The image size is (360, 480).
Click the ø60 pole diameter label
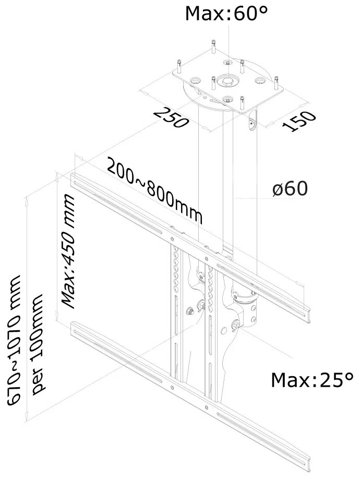[x=289, y=189]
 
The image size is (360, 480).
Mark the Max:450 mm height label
[x=68, y=249]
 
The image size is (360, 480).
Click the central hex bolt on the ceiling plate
[x=229, y=81]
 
